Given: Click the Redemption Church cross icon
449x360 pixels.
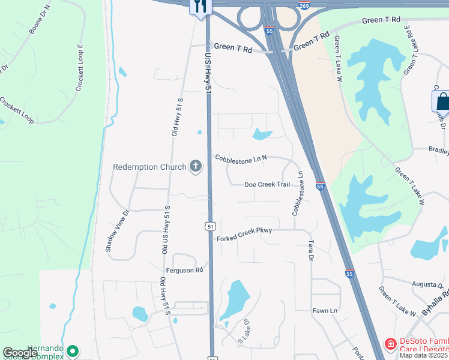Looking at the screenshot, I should [196, 166].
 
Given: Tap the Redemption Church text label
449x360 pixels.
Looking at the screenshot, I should [151, 166].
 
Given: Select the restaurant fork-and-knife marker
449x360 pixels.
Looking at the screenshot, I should [200, 7].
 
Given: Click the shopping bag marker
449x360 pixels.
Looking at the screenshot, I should [442, 100].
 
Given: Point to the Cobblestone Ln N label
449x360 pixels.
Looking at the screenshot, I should [241, 158].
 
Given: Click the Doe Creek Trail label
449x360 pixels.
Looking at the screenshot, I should [267, 185].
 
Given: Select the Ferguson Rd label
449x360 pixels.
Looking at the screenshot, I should [185, 271].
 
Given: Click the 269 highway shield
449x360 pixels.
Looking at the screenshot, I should [305, 5].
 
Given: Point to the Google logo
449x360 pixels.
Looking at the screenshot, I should [20, 353].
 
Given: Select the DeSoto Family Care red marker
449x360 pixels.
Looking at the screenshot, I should [390, 344].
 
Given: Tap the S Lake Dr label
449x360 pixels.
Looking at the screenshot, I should [243, 331].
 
